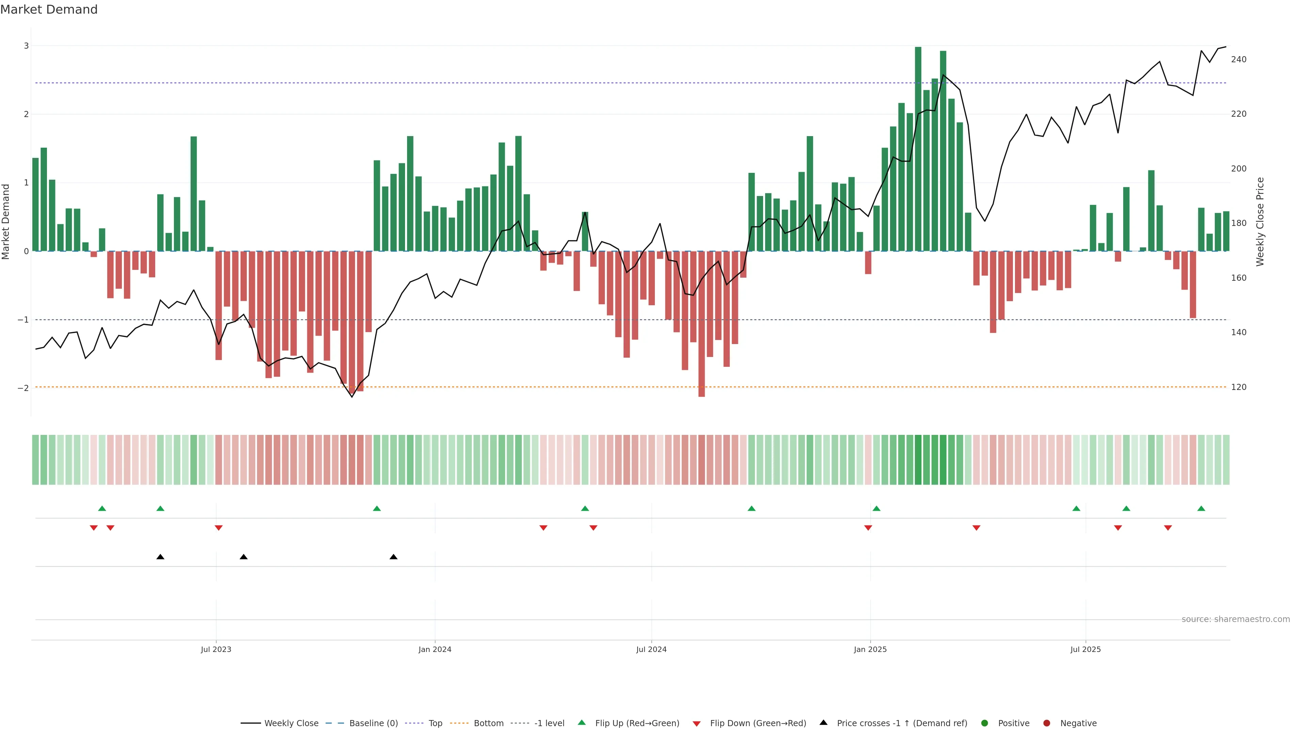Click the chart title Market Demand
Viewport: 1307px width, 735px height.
point(49,10)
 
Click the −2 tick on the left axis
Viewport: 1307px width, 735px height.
point(23,388)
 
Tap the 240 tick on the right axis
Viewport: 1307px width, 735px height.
point(1239,59)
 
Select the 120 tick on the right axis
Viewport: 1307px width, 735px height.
point(1239,387)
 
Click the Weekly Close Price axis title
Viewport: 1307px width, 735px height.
point(1260,222)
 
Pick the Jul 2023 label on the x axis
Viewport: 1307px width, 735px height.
point(216,649)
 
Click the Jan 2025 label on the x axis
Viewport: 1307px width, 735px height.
point(870,649)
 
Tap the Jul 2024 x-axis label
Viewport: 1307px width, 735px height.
point(651,649)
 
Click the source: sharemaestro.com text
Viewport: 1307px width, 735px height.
point(1236,619)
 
